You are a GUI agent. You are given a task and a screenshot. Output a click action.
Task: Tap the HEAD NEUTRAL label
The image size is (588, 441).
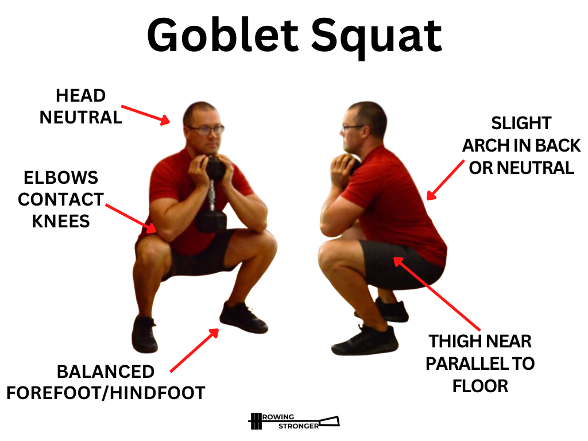pos(80,106)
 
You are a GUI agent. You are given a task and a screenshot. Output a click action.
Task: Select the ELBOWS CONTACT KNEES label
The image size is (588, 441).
pos(60,199)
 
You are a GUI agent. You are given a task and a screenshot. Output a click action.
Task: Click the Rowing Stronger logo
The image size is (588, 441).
pos(293,421)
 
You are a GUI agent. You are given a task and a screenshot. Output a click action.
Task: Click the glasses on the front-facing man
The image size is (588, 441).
pos(206,130)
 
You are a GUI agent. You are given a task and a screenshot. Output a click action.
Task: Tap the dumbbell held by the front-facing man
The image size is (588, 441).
pos(212,195)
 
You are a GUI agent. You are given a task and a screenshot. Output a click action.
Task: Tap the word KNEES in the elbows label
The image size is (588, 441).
pos(61,221)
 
